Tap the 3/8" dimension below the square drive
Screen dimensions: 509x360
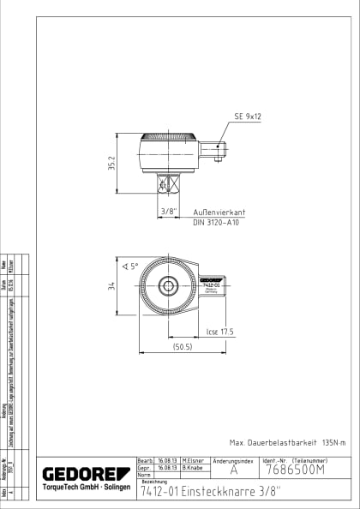[x=169, y=211]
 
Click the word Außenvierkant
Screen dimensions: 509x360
[x=219, y=211]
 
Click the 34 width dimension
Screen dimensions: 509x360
[x=123, y=287]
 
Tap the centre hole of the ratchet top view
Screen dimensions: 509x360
[x=170, y=286]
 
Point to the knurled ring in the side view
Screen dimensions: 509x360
[x=169, y=137]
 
